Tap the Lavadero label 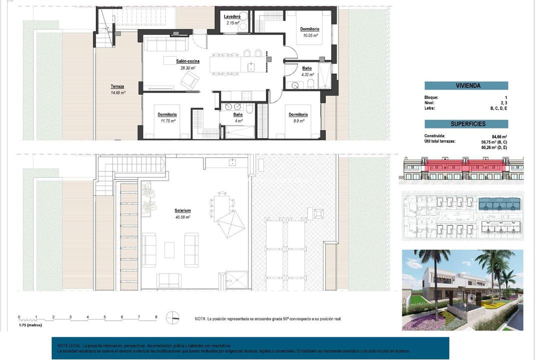[x=232, y=16]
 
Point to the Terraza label [x=117, y=86]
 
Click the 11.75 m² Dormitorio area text [x=167, y=121]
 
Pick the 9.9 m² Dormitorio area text [x=298, y=121]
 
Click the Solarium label [x=183, y=211]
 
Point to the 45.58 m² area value [x=183, y=217]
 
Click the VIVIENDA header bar [x=466, y=85]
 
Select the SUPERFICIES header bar [x=466, y=124]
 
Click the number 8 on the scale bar [x=156, y=317]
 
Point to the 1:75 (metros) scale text [x=30, y=325]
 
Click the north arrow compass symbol [x=173, y=317]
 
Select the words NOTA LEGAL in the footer [x=68, y=345]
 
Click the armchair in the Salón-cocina [x=190, y=80]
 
